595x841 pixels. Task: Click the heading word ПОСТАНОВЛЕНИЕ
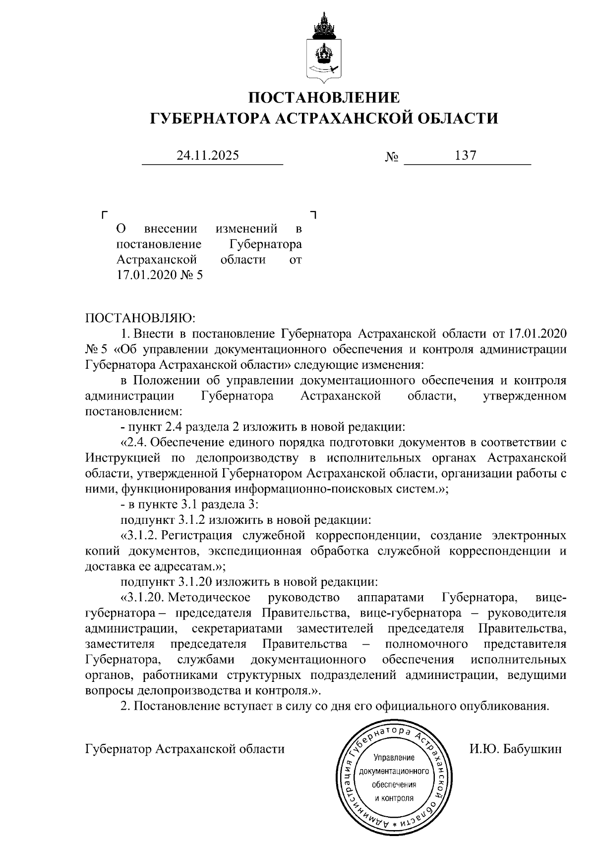tap(323, 97)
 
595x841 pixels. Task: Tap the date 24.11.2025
tap(208, 156)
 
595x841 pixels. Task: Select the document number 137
tap(466, 156)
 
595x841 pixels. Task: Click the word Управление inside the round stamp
tap(394, 759)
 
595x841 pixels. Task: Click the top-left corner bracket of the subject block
tap(103, 215)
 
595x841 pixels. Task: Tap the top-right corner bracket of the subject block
tap(313, 215)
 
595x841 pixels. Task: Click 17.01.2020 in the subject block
tap(147, 275)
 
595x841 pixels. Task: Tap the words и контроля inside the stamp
tap(394, 798)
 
